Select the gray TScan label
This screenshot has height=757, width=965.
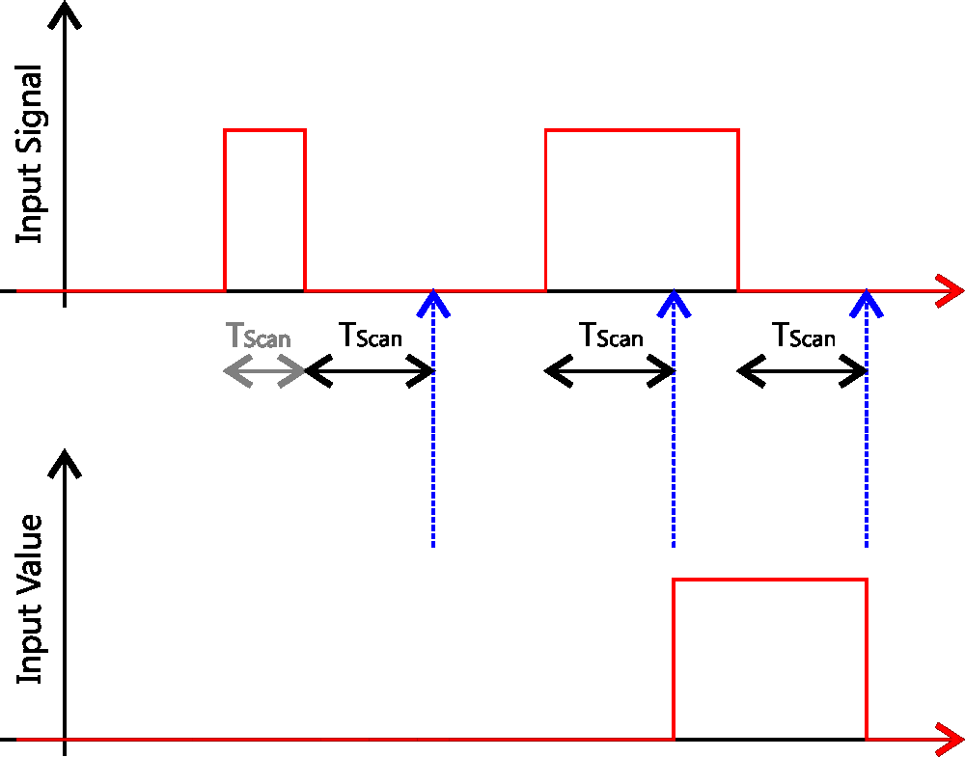point(258,337)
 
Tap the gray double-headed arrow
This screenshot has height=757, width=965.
point(264,372)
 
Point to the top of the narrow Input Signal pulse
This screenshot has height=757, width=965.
point(264,130)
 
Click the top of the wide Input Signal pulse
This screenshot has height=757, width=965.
point(642,130)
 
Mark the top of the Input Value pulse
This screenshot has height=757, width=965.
point(769,580)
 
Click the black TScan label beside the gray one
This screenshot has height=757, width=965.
point(370,336)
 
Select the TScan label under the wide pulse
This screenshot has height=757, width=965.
point(611,336)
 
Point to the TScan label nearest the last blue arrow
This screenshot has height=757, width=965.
point(803,336)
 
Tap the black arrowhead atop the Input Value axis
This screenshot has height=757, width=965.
point(65,462)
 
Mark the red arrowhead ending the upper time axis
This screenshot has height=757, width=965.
point(951,290)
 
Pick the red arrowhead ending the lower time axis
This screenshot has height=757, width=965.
point(951,740)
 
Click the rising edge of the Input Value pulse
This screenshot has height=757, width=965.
point(673,660)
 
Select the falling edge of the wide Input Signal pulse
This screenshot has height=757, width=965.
point(738,210)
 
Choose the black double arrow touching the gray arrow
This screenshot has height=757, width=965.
point(370,372)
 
